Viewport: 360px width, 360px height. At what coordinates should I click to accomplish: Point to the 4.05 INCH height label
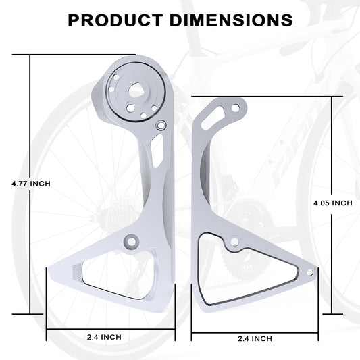pyautogui.click(x=334, y=203)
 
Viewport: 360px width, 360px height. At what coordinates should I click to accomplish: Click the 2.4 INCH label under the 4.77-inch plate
pyautogui.click(x=105, y=337)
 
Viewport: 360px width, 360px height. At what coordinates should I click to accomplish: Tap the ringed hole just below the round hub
pyautogui.click(x=161, y=125)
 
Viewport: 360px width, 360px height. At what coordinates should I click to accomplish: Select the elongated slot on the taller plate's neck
pyautogui.click(x=156, y=151)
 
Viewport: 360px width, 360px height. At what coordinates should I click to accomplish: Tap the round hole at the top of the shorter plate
pyautogui.click(x=235, y=107)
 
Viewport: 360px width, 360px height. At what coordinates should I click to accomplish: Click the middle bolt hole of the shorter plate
pyautogui.click(x=234, y=241)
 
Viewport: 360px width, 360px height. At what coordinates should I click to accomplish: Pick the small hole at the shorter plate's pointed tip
pyautogui.click(x=310, y=272)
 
